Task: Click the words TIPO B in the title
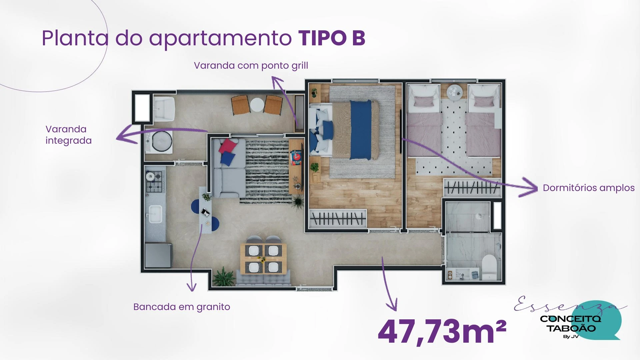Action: pos(332,38)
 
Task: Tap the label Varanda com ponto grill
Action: pos(251,65)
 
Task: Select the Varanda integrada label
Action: pos(68,135)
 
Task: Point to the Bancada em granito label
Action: pos(182,307)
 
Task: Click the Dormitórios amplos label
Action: pos(589,188)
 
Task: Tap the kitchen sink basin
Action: pos(155,214)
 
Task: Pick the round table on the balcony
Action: pos(257,105)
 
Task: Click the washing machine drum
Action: pos(162,141)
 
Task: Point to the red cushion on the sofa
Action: pos(228,146)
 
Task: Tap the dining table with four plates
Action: pos(263,259)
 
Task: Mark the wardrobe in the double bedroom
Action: pos(338,218)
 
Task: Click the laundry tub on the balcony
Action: pos(164,109)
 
